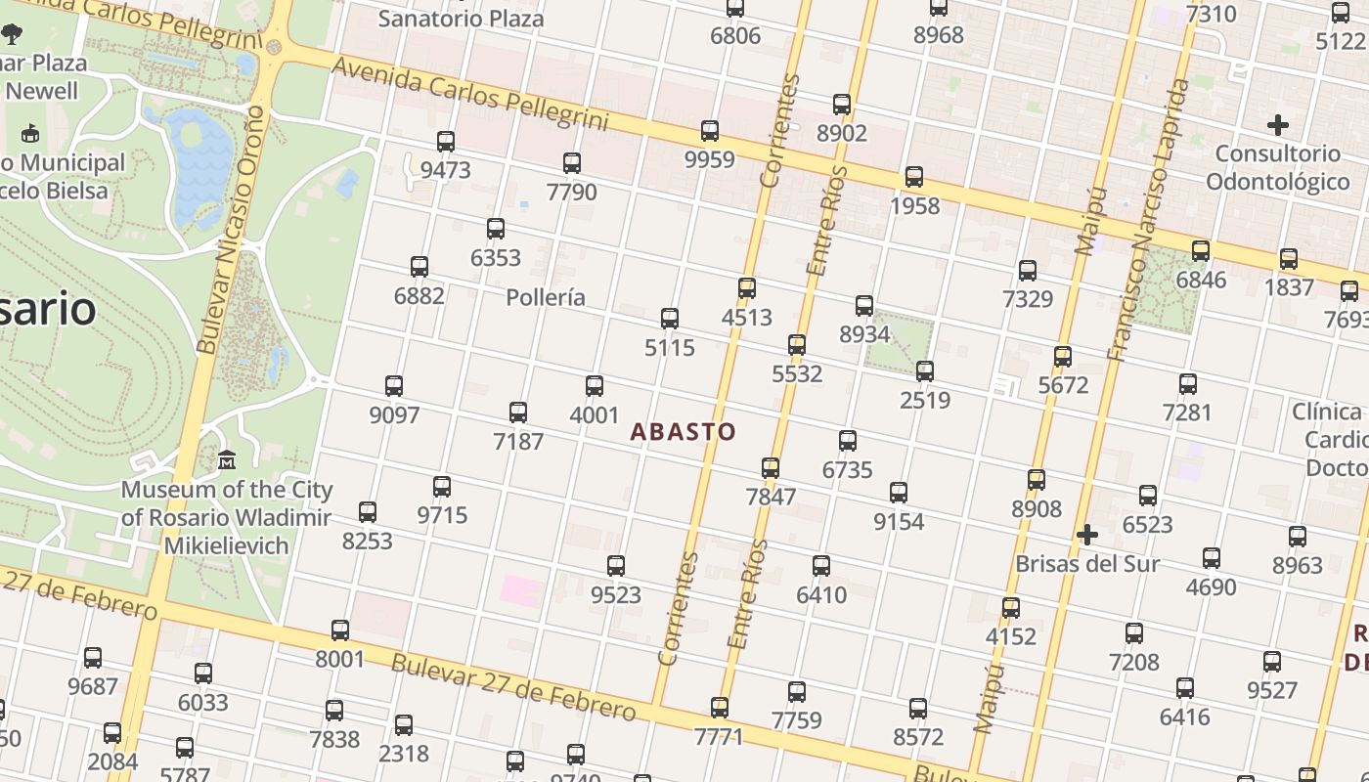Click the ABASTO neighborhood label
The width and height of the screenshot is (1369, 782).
683,431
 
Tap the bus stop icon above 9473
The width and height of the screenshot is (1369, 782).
446,142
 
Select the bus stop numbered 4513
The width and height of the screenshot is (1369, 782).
747,288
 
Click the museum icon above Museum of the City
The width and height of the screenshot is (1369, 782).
227,458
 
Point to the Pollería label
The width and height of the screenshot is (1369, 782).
546,297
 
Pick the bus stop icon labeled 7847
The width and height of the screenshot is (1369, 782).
771,467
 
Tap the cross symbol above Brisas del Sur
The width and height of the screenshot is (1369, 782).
1086,535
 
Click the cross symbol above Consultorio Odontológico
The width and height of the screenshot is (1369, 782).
1277,125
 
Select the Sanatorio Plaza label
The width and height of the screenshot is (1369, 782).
461,18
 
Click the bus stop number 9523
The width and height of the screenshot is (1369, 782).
616,594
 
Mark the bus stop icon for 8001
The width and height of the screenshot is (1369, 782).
340,630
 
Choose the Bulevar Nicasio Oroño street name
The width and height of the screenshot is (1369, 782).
231,230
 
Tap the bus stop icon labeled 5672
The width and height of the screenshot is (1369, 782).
1063,357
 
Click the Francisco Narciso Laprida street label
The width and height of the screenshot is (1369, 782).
1150,220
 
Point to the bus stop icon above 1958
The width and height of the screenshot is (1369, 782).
914,177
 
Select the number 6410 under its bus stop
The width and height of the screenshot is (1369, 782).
821,594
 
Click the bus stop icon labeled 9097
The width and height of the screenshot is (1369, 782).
394,386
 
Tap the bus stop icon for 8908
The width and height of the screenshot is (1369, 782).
1037,480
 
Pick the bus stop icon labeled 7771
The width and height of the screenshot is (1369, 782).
720,707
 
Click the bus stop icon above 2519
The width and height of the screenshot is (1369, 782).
925,371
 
